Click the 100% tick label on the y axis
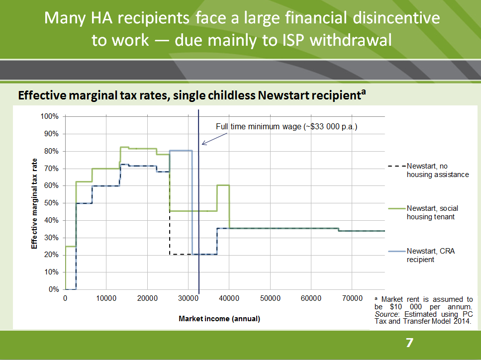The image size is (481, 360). coord(50,116)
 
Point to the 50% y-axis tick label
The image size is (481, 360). coord(51,203)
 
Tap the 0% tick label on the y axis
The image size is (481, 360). coord(53,289)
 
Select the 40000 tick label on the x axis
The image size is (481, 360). coord(229,298)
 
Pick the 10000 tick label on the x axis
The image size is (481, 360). coord(106,298)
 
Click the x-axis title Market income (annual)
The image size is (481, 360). coord(219,319)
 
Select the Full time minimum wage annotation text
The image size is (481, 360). coord(287,126)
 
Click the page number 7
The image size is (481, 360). coord(409,343)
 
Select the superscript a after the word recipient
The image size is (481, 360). coord(364,91)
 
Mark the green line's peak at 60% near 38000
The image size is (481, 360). coord(223,185)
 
